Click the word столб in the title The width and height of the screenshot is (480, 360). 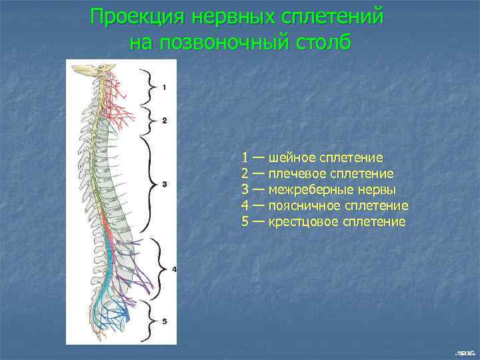pyautogui.click(x=322, y=43)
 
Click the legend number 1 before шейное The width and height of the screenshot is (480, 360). pyautogui.click(x=245, y=158)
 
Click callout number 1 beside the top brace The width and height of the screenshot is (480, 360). pyautogui.click(x=165, y=87)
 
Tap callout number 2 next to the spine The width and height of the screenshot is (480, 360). pyautogui.click(x=164, y=121)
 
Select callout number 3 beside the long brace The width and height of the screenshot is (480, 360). pyautogui.click(x=164, y=183)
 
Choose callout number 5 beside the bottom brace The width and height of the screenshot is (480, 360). pyautogui.click(x=164, y=321)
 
